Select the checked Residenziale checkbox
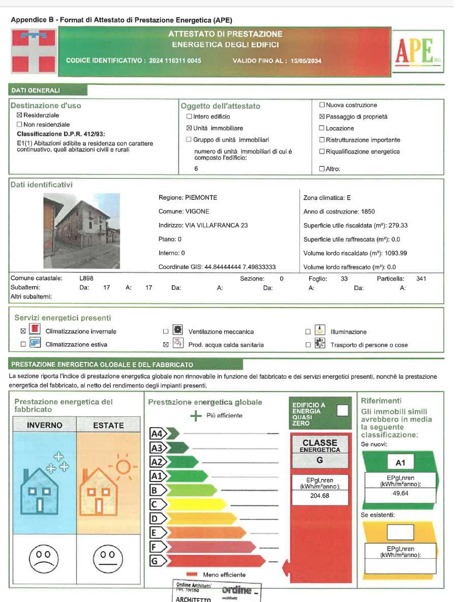20,115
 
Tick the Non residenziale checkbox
20,125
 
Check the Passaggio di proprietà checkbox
322,117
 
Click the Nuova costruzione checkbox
322,105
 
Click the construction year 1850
368,212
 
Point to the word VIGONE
197,212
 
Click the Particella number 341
421,279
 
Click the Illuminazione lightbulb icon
320,329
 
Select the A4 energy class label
157,434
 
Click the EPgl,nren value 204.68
320,496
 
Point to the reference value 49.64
401,493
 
